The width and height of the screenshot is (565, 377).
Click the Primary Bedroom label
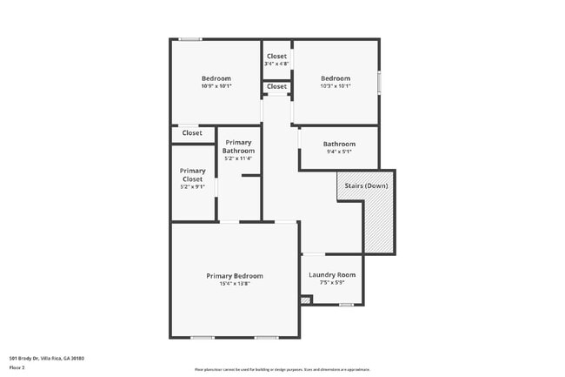234,276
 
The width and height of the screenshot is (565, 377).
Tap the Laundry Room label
332,275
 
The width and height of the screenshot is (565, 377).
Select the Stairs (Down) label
366,186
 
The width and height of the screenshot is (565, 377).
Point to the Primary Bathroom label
238,146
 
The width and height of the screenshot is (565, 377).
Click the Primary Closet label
193,175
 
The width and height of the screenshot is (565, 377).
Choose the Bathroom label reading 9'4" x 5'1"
339,144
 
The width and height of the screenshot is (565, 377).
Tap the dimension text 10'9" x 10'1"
216,86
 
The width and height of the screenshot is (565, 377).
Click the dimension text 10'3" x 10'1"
336,86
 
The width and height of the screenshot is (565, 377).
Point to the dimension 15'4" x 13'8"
234,284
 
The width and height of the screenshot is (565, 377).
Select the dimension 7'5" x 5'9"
332,283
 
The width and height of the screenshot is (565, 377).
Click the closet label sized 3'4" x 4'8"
276,57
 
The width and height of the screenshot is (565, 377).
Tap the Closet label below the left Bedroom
192,133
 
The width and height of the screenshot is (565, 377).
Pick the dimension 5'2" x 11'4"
238,158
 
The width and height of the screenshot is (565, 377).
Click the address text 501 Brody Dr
47,358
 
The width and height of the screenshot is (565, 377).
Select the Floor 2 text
17,367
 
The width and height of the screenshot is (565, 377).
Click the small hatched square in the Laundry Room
304,300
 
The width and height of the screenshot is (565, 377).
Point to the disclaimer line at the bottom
282,369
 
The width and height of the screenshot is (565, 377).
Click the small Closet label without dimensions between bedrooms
276,87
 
